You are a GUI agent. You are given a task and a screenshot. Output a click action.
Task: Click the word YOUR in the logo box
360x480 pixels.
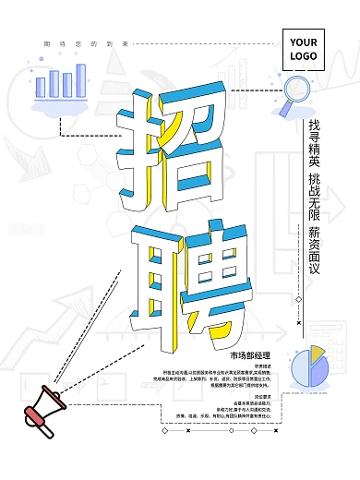click(x=304, y=42)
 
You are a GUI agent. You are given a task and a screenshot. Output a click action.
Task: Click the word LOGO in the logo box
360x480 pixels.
click(x=304, y=56)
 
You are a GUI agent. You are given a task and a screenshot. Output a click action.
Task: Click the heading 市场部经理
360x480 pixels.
click(x=249, y=354)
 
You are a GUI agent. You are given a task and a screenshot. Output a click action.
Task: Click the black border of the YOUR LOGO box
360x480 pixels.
click(x=282, y=50)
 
